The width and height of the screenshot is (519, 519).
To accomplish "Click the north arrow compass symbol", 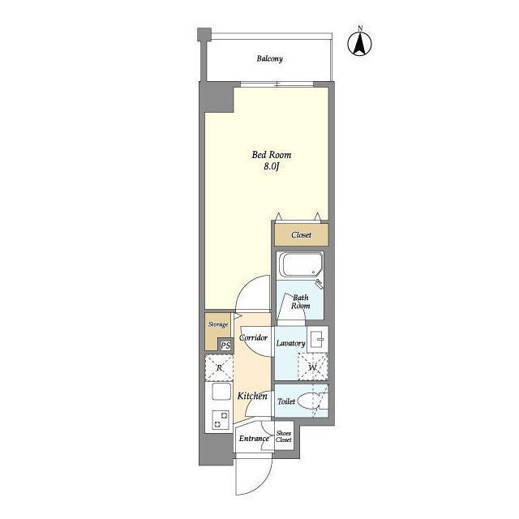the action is [x=360, y=43].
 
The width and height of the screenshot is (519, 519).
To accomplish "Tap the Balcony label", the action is [x=270, y=59].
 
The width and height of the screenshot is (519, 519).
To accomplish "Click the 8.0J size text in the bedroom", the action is [x=271, y=166].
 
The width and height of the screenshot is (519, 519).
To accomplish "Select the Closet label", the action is [x=301, y=235].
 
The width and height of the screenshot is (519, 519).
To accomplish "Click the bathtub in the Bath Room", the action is [x=301, y=264].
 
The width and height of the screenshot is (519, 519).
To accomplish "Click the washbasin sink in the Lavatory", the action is [x=318, y=339].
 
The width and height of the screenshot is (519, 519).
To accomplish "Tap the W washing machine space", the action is [x=313, y=367].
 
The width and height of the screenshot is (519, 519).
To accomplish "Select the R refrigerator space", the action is [x=219, y=367].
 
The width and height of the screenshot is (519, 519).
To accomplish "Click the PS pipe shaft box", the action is [x=225, y=345].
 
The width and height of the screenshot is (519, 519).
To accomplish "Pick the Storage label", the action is [x=218, y=324].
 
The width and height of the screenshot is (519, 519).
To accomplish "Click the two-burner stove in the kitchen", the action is [x=220, y=420].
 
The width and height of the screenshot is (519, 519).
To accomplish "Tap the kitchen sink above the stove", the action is [x=221, y=392].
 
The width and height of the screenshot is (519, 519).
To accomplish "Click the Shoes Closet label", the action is [x=284, y=436].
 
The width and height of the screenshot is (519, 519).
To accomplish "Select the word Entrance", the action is [x=254, y=439].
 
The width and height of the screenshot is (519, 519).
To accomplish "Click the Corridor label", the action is [x=253, y=338].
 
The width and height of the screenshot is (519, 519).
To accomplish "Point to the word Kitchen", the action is [x=252, y=396].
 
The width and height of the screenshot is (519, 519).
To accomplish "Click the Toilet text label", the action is [x=286, y=401].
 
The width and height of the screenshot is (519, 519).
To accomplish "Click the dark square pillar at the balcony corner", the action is [x=204, y=34].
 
